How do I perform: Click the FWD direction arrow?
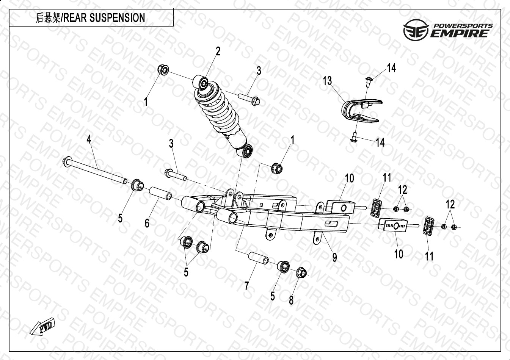pyautogui.click(x=42, y=327)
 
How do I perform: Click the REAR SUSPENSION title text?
pyautogui.click(x=90, y=18)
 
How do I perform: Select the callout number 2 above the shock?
pyautogui.click(x=218, y=51)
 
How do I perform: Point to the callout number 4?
pyautogui.click(x=89, y=139)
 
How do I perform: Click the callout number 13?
pyautogui.click(x=327, y=81)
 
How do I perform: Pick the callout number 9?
pyautogui.click(x=334, y=257)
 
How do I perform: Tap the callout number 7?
pyautogui.click(x=246, y=286)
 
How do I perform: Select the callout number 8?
pyautogui.click(x=291, y=300)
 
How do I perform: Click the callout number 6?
pyautogui.click(x=147, y=223)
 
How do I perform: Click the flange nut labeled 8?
pyautogui.click(x=301, y=271)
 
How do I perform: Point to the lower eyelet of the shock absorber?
pyautogui.click(x=248, y=151)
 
